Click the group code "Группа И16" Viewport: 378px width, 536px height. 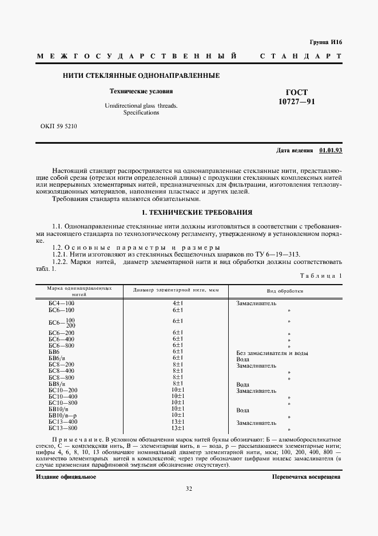(x=325, y=42)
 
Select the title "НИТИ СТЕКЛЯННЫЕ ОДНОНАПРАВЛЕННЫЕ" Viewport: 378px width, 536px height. (x=141, y=76)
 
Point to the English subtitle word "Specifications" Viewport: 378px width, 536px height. (x=141, y=113)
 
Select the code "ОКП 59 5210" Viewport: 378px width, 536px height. (x=59, y=125)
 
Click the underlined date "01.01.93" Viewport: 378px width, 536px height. (x=331, y=150)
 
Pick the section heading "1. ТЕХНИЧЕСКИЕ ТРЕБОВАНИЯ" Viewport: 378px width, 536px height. (x=189, y=212)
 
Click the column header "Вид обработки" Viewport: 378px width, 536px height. (x=285, y=291)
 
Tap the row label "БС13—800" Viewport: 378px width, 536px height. (x=63, y=428)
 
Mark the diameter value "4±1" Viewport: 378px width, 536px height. (x=177, y=302)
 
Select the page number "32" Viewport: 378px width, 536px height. (x=189, y=488)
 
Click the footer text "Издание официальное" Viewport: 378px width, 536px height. (x=66, y=476)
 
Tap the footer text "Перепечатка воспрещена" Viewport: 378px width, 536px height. (x=307, y=476)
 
